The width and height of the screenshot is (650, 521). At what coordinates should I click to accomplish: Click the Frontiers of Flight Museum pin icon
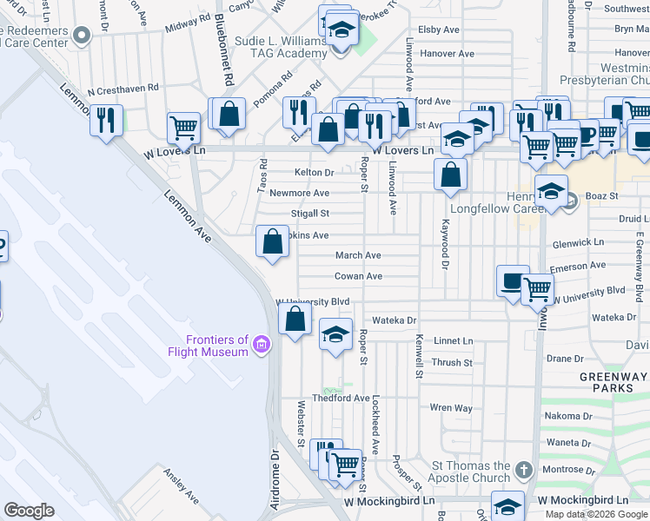pos(260,347)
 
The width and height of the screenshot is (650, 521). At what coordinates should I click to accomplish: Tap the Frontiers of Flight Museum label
pos(217,346)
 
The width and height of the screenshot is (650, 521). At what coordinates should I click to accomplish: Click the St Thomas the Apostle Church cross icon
pos(523,470)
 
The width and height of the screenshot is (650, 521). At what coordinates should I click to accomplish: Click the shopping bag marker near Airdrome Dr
pos(295,318)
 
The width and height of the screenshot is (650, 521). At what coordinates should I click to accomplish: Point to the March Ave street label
pos(359,255)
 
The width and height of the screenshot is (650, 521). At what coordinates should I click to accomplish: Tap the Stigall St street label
pos(311,213)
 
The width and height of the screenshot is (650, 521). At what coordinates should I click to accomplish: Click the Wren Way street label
pos(451,407)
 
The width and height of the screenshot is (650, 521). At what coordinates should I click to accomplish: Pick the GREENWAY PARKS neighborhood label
pos(614,382)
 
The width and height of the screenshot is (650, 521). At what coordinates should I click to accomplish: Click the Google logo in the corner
pos(29,511)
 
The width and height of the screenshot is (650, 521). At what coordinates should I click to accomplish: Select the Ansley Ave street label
pos(182,487)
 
